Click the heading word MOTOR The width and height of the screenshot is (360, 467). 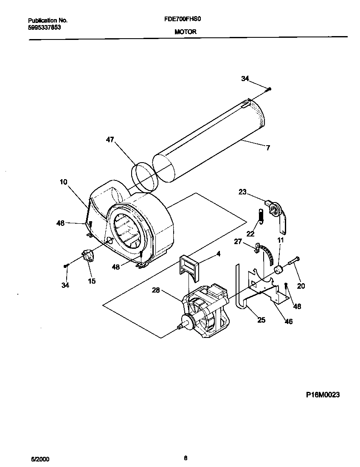(185, 32)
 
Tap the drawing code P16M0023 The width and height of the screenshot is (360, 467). (323, 394)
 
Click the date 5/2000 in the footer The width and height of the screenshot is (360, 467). (38, 459)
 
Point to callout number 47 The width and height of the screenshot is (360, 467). (110, 140)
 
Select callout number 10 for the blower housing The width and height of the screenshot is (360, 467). (63, 182)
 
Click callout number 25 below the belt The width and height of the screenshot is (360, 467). (262, 319)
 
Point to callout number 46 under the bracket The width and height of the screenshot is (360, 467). (288, 321)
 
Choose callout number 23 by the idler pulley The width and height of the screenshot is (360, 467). (242, 192)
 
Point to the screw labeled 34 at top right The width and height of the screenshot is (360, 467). (270, 89)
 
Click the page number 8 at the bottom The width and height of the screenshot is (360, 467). (186, 458)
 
